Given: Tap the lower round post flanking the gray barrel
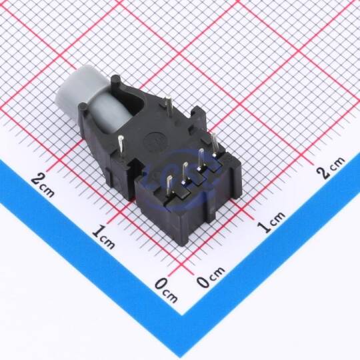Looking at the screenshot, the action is click(x=83, y=107).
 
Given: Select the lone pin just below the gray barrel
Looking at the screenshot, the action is click(x=121, y=145).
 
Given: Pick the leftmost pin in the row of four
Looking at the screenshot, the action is click(x=170, y=185).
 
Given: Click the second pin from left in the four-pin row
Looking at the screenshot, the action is click(x=185, y=173).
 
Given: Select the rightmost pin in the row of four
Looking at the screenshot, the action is click(x=215, y=145).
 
